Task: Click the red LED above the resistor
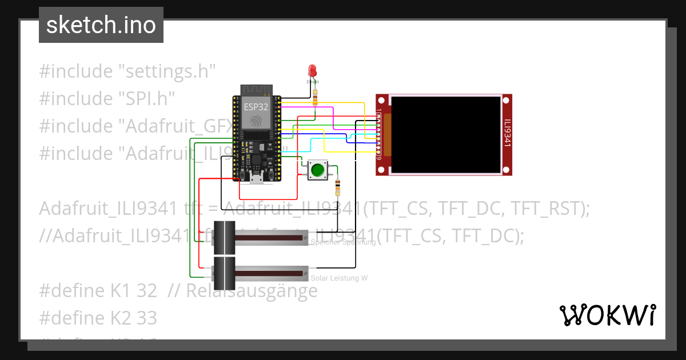[x=312, y=71]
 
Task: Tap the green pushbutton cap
[x=318, y=170]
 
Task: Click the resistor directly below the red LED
[x=315, y=99]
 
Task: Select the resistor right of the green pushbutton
[x=337, y=185]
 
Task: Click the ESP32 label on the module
[x=256, y=107]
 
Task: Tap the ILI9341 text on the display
[x=506, y=133]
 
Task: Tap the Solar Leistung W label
[x=338, y=278]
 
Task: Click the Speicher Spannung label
[x=343, y=242]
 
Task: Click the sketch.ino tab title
[x=101, y=25]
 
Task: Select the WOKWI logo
[x=607, y=315]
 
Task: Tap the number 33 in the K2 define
[x=147, y=317]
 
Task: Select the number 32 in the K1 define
[x=147, y=290]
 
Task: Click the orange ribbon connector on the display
[x=387, y=135]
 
